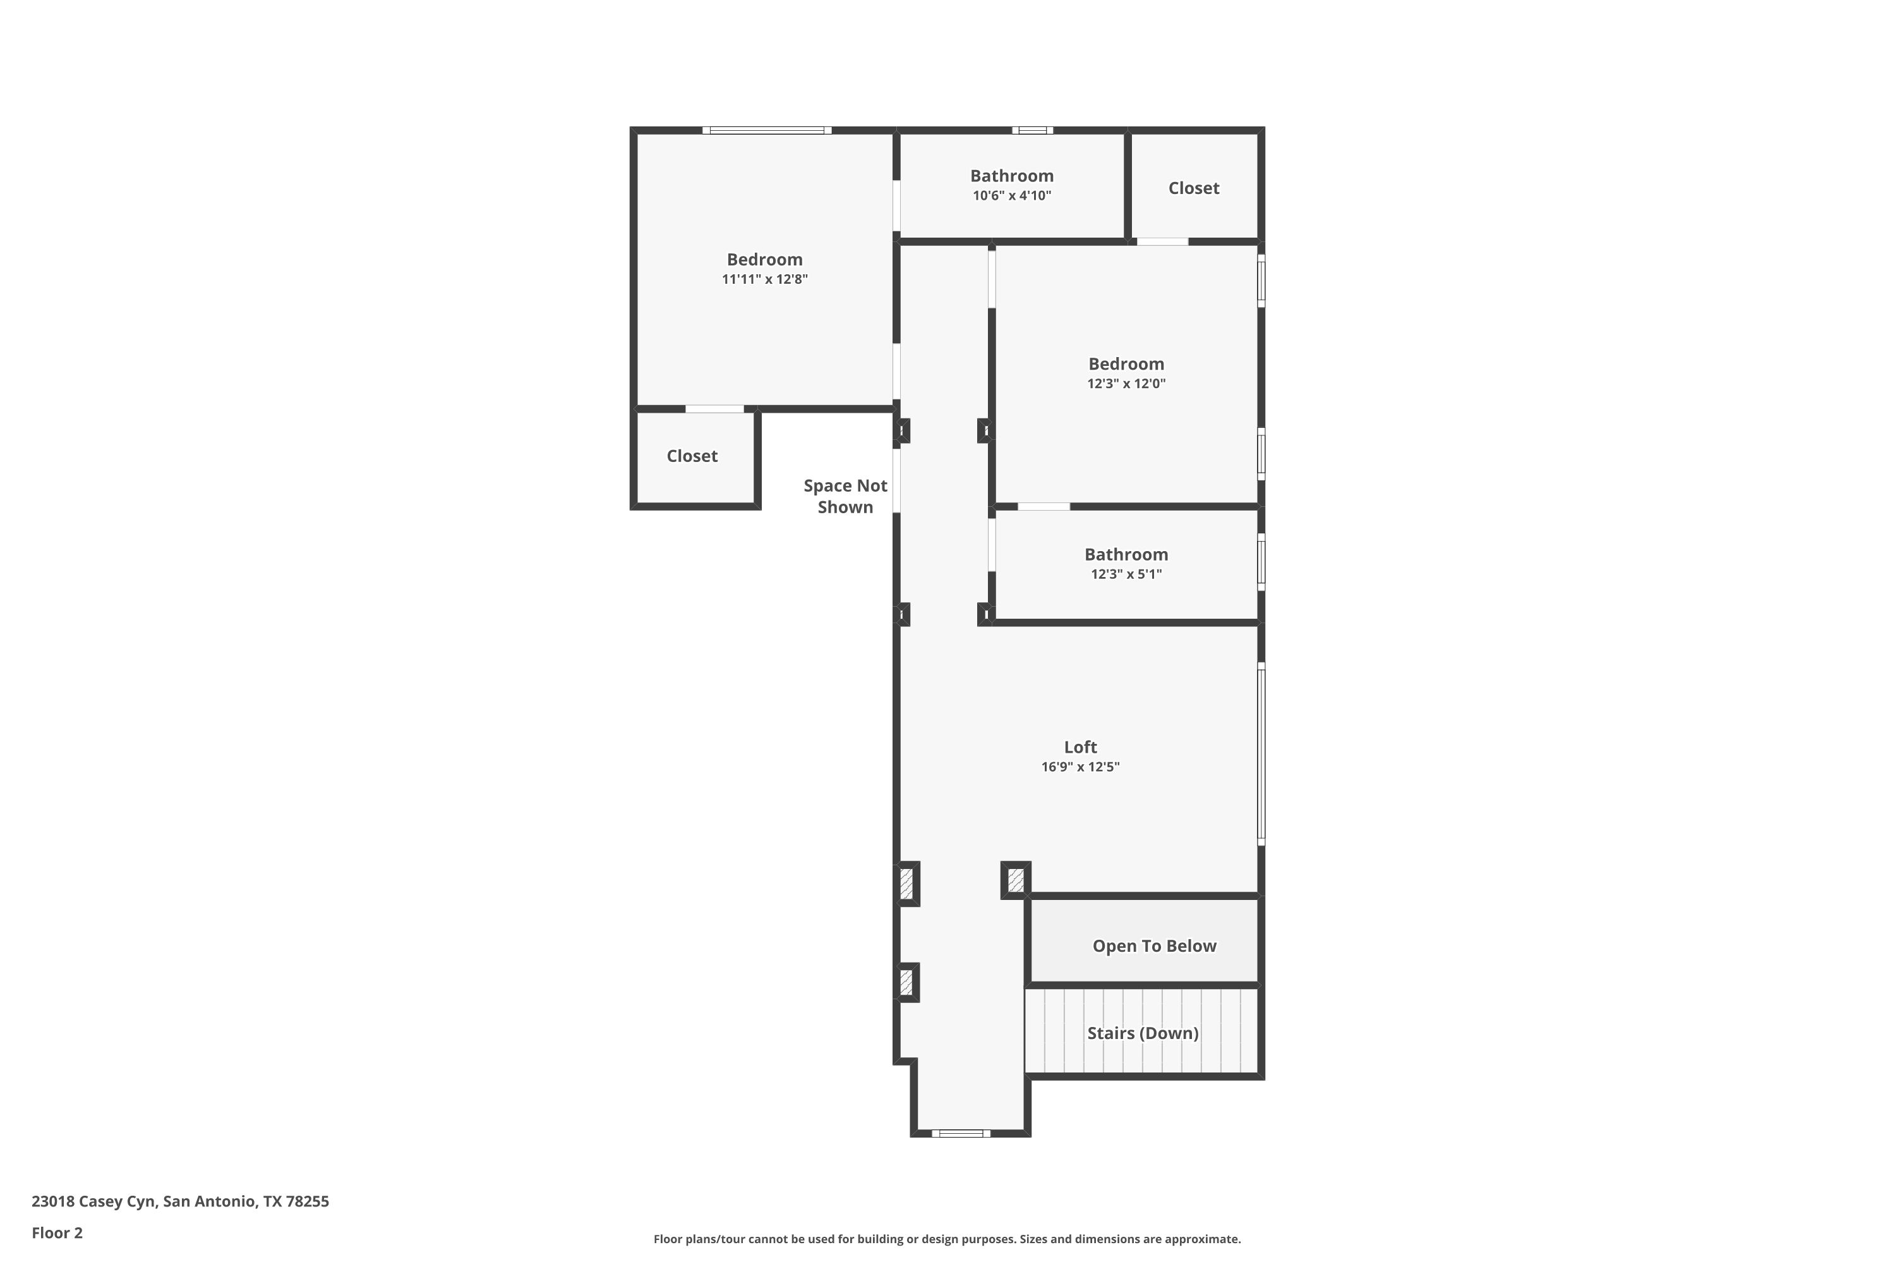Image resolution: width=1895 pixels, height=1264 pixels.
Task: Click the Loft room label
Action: click(1080, 747)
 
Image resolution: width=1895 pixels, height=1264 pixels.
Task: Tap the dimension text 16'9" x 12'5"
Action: click(1080, 767)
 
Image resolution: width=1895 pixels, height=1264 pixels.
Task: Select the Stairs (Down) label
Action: click(1143, 1033)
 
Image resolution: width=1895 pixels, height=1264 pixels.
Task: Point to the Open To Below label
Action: click(1154, 946)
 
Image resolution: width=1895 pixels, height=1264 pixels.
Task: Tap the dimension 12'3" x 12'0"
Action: click(1126, 384)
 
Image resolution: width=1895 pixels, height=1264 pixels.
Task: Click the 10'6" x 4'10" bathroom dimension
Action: click(1011, 196)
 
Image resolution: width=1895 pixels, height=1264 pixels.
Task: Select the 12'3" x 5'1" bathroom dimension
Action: click(1126, 574)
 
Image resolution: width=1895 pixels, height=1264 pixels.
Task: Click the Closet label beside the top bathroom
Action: click(1193, 188)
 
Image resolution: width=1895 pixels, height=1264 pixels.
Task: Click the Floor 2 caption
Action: click(57, 1232)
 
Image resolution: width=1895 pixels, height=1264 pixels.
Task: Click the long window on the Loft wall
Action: click(1261, 754)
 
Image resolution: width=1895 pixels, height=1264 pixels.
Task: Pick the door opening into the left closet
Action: click(714, 409)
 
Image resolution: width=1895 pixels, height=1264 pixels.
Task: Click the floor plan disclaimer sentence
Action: click(947, 1239)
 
